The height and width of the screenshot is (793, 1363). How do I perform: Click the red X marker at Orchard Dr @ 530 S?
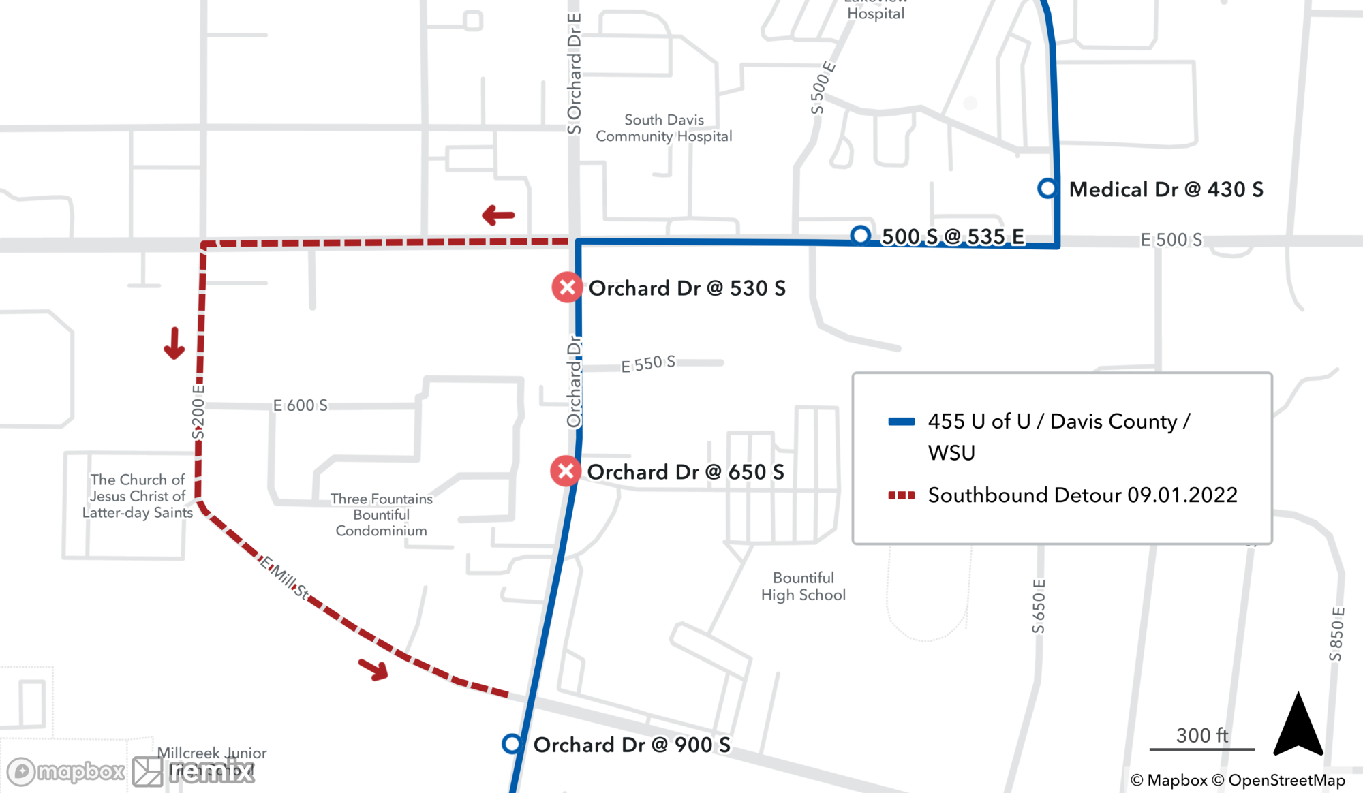coord(567,287)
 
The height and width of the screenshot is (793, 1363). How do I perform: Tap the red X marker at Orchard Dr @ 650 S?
coord(566,471)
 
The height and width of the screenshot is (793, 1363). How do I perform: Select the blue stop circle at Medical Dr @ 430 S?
coord(1047,189)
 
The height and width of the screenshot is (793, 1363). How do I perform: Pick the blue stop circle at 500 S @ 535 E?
coord(861,235)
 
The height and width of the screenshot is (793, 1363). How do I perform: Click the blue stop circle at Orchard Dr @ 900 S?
coord(512,744)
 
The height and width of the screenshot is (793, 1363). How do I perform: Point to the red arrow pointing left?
coord(498,215)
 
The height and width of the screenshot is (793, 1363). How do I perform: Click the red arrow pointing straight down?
coord(174,343)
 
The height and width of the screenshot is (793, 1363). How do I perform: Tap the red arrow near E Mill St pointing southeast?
coord(374,670)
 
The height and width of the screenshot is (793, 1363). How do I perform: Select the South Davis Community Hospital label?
coord(664,128)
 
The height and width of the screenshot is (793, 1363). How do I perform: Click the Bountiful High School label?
coord(803,587)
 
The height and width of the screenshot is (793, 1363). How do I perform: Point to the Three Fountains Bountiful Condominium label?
coord(382,515)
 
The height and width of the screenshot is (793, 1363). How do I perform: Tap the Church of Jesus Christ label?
coord(138,496)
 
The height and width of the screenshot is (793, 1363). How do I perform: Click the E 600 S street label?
coord(300,405)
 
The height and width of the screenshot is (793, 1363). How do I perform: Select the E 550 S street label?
coord(648,364)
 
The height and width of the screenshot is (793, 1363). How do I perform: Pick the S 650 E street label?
coord(1039,606)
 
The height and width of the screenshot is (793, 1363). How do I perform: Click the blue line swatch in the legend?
coord(901,422)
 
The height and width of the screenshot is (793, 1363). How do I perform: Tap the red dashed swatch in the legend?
coord(901,495)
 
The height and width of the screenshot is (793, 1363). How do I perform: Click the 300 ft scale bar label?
coord(1202,736)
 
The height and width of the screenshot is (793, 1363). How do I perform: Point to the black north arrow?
coord(1298,726)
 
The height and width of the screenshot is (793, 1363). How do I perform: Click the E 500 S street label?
coord(1171,240)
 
